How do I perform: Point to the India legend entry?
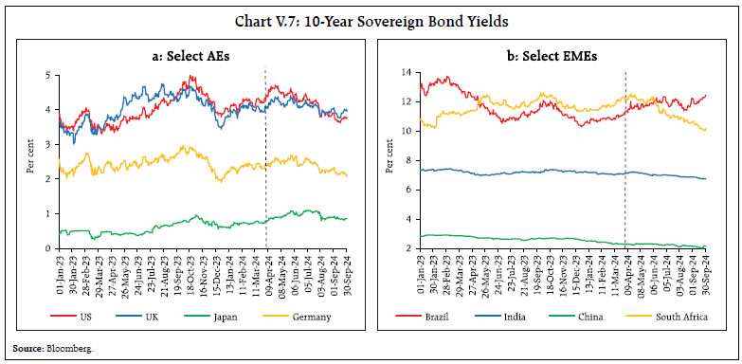[x=512, y=316]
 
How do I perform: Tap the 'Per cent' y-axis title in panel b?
[x=388, y=160]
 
